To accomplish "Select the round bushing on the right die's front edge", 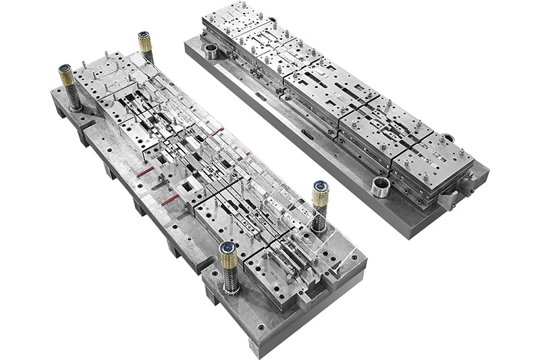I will coord(380,185).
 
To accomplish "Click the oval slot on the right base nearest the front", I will coord(308,134).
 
